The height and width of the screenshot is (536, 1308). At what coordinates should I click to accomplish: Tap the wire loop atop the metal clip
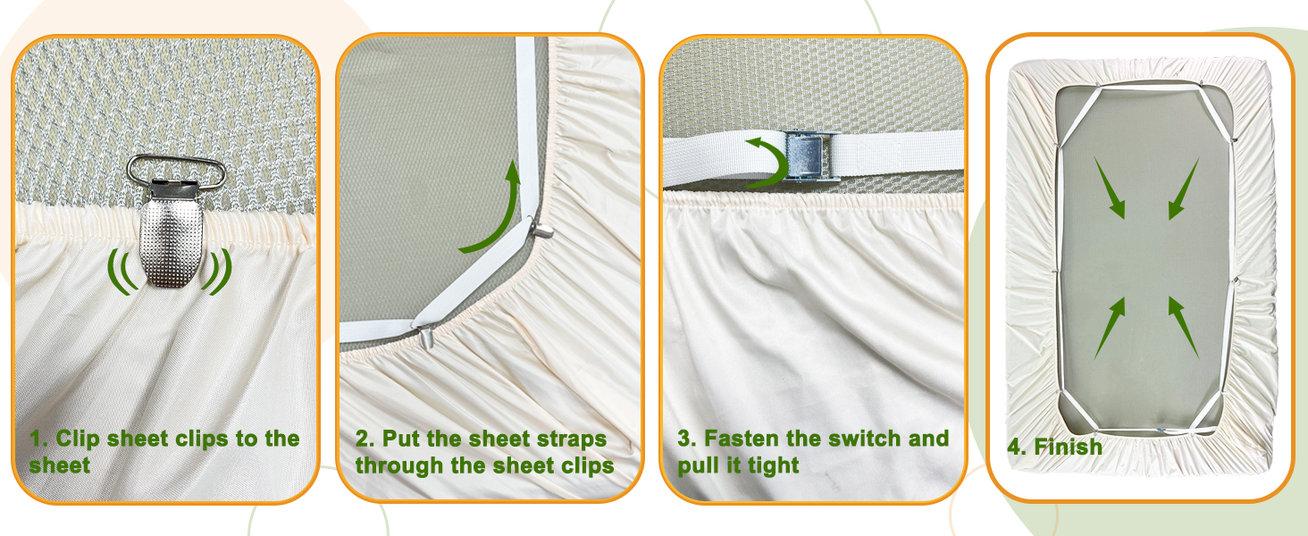[176, 169]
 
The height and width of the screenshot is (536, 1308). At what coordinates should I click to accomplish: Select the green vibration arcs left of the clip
[123, 270]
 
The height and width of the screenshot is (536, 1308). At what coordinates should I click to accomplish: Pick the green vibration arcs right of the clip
[218, 270]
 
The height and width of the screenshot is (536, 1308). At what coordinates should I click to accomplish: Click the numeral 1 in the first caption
[37, 439]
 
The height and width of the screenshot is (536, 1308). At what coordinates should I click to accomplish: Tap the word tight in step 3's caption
[771, 465]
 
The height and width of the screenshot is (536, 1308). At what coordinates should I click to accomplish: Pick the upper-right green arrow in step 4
[1183, 188]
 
